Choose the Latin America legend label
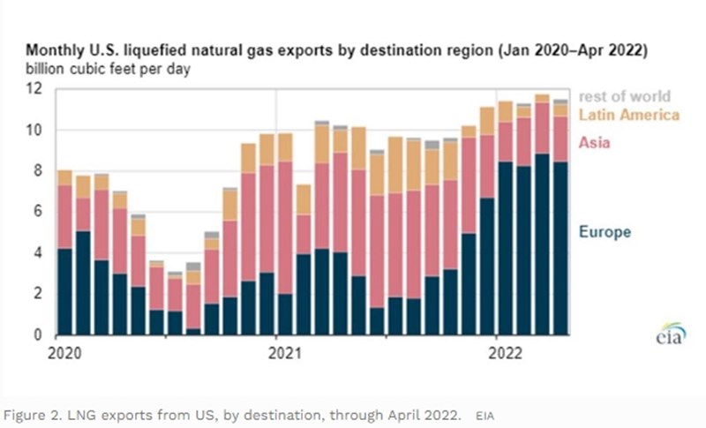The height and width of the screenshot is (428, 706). click(x=628, y=115)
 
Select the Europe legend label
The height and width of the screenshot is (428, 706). click(x=605, y=232)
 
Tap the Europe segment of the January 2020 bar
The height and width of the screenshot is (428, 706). click(x=65, y=291)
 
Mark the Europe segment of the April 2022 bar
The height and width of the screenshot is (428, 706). click(x=559, y=248)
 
